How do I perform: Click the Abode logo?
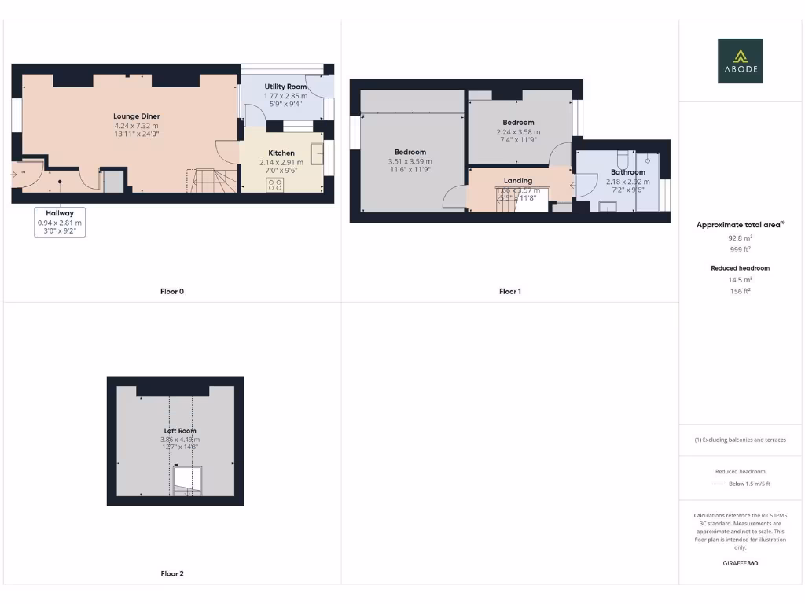click(x=740, y=61)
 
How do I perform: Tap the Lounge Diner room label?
click(x=136, y=116)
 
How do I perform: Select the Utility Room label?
click(x=285, y=87)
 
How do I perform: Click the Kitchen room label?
click(x=281, y=153)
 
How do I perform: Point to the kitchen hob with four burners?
click(x=275, y=185)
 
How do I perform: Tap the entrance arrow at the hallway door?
click(x=15, y=174)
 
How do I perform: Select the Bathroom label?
click(x=627, y=172)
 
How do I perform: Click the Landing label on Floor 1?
click(x=518, y=181)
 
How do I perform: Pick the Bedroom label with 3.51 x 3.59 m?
click(x=410, y=152)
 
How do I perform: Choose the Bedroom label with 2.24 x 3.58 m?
click(x=519, y=123)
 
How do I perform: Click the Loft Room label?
click(x=180, y=431)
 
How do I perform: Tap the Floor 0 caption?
click(x=172, y=292)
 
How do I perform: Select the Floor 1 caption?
click(x=509, y=292)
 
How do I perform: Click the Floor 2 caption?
click(x=172, y=574)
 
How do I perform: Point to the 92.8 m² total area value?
click(x=740, y=238)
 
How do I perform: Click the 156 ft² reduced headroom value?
click(x=740, y=291)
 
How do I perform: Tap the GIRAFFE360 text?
click(x=740, y=563)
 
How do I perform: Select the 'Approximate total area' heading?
click(x=739, y=225)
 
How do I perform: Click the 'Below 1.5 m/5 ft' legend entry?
click(x=749, y=484)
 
